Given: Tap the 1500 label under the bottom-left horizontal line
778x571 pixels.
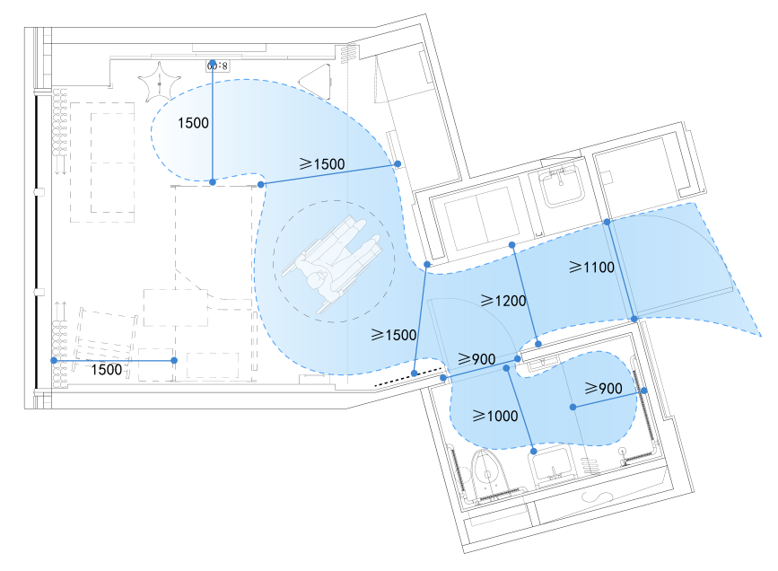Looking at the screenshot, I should (x=109, y=369).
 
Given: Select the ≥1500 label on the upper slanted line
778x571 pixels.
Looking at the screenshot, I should (x=322, y=164).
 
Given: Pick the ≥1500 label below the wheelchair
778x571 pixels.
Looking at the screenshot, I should (x=393, y=335).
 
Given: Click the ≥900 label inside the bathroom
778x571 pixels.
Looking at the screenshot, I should (x=604, y=389).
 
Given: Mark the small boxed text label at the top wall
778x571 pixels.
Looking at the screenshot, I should (x=218, y=66).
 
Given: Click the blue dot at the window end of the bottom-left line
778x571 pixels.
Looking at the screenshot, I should (x=55, y=360).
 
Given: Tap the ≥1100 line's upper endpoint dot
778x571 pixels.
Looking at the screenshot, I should (x=607, y=221).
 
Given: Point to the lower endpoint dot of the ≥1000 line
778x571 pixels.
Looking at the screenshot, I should (x=534, y=450).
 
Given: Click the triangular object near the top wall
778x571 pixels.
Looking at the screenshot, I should (x=316, y=77).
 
